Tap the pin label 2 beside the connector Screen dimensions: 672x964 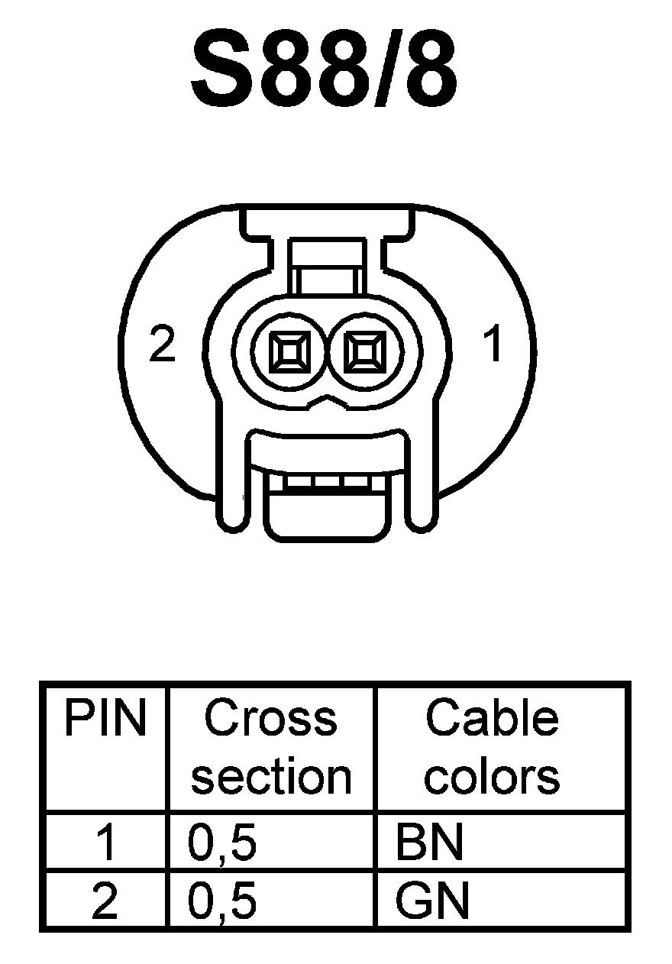tap(163, 346)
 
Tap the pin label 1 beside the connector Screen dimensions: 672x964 tap(495, 345)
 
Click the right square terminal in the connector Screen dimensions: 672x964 tap(363, 353)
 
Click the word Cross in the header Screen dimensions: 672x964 tap(270, 719)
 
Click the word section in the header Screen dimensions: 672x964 tap(270, 777)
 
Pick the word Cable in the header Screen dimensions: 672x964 tap(492, 719)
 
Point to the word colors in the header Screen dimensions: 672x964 tap(492, 777)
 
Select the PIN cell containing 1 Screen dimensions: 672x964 tap(105, 843)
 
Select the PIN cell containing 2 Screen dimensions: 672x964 tap(105, 901)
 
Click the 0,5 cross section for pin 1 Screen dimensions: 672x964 tap(221, 843)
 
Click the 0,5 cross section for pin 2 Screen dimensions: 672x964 tap(221, 901)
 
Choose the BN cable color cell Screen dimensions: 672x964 tap(429, 843)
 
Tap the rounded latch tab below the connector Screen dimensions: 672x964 tap(326, 516)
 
